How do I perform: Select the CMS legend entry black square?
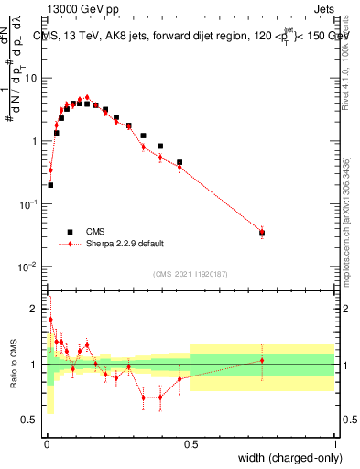pos(69,232)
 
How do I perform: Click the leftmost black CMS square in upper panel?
pos(50,185)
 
